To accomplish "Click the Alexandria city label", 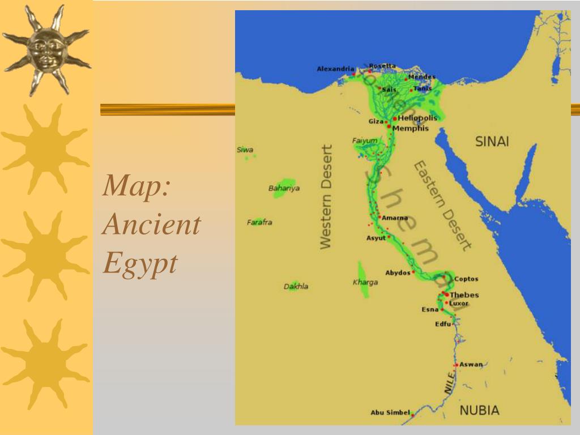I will [x=335, y=69].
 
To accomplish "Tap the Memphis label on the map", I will [x=411, y=129].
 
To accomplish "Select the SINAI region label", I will [x=492, y=142].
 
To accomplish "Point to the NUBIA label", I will [x=479, y=411].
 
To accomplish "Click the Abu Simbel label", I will [x=390, y=412].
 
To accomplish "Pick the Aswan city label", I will [x=471, y=364].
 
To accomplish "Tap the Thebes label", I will [x=464, y=295].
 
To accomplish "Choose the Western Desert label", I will [x=326, y=197].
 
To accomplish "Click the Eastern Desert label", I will [x=442, y=205].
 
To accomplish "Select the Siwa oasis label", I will [x=245, y=150].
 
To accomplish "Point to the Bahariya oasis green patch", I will [x=283, y=189].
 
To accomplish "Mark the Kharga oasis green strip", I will [x=362, y=279].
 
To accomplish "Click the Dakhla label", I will [x=296, y=287].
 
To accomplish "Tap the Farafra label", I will [x=259, y=223].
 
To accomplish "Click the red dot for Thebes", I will [x=447, y=295].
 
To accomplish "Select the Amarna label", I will [x=395, y=218].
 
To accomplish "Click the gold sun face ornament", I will [x=46, y=50].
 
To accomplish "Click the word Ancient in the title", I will [x=151, y=225].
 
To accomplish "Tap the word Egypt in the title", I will [x=140, y=262].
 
